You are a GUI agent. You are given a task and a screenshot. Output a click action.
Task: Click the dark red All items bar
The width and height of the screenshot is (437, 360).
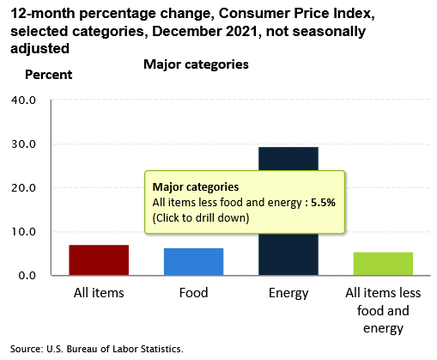(99, 260)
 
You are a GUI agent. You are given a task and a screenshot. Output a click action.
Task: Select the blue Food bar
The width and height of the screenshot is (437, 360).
(193, 262)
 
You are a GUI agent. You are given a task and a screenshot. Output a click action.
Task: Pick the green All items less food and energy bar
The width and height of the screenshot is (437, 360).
(383, 264)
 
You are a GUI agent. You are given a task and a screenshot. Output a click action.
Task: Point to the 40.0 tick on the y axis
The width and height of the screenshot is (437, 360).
(23, 101)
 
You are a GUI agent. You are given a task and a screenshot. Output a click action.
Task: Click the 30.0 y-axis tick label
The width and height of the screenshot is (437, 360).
(23, 144)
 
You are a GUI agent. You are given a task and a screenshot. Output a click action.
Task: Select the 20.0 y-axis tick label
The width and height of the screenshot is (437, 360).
(23, 188)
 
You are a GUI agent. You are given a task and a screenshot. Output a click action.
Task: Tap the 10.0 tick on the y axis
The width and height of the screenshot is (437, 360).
(23, 232)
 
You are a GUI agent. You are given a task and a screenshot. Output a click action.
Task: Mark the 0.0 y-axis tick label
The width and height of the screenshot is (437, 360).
(27, 276)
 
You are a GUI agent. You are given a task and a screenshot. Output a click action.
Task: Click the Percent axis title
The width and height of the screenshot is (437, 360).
(49, 75)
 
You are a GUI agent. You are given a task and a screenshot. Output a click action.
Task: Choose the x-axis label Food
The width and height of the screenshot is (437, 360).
(193, 293)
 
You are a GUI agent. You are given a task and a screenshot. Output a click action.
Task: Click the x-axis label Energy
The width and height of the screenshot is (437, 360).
(288, 294)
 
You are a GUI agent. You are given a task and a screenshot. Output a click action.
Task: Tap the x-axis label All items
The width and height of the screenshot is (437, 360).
(99, 293)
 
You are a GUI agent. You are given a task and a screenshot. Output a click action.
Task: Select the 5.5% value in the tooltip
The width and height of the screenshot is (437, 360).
(323, 203)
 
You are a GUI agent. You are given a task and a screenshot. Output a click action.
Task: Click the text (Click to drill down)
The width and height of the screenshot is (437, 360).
(201, 218)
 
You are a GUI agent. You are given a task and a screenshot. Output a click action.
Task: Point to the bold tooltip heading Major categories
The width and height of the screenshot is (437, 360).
(196, 187)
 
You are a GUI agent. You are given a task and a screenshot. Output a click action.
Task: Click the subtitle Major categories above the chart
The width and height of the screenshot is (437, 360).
(196, 64)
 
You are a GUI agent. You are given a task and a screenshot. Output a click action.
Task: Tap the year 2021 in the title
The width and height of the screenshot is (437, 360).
(242, 31)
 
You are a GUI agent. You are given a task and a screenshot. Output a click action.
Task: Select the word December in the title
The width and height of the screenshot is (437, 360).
(187, 31)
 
